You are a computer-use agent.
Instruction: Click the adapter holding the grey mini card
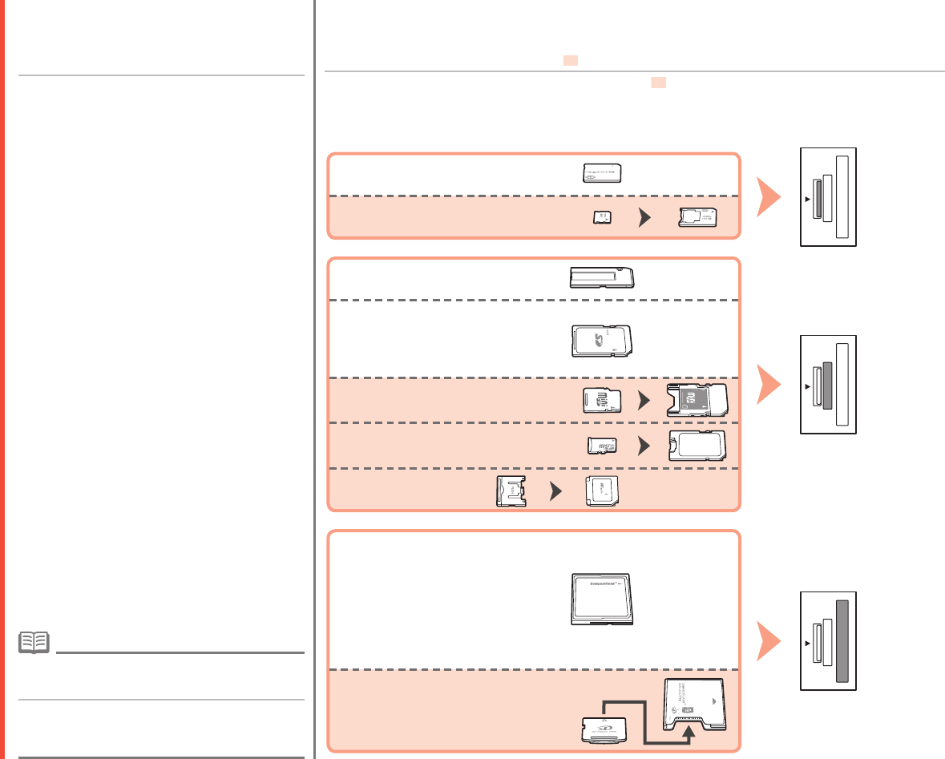(696, 400)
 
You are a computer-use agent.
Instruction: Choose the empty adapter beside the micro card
(697, 445)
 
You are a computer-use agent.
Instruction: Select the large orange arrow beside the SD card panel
(769, 384)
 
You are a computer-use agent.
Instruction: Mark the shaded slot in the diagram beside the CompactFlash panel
(842, 640)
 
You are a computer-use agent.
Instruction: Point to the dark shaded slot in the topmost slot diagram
(817, 198)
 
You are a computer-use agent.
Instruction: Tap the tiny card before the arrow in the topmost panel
(601, 217)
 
